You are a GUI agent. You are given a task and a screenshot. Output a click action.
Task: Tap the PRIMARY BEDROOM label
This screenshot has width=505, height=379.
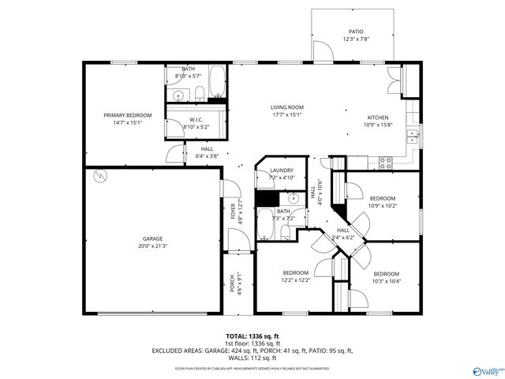(x=127, y=115)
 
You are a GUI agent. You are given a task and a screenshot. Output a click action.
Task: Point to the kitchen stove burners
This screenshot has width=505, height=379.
(x=386, y=163)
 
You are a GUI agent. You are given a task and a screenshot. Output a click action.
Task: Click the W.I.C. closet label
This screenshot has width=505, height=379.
(x=196, y=120)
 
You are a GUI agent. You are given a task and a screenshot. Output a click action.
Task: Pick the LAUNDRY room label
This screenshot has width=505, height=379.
(x=282, y=171)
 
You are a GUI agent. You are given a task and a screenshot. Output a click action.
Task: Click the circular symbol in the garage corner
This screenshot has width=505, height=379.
(x=99, y=175)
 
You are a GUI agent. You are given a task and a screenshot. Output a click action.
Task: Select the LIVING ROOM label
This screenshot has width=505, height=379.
(x=287, y=107)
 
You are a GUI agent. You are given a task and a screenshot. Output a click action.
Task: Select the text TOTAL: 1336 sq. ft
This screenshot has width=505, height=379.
(x=252, y=336)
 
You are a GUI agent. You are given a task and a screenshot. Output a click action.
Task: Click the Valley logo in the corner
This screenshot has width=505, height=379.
(x=487, y=369)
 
